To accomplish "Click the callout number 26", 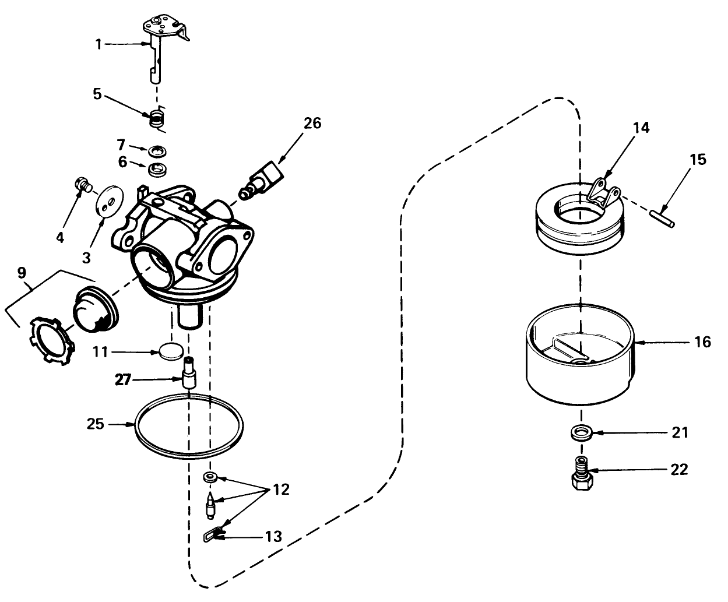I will (x=312, y=124).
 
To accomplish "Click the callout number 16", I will (x=703, y=342).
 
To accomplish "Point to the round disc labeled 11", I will (x=171, y=351).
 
